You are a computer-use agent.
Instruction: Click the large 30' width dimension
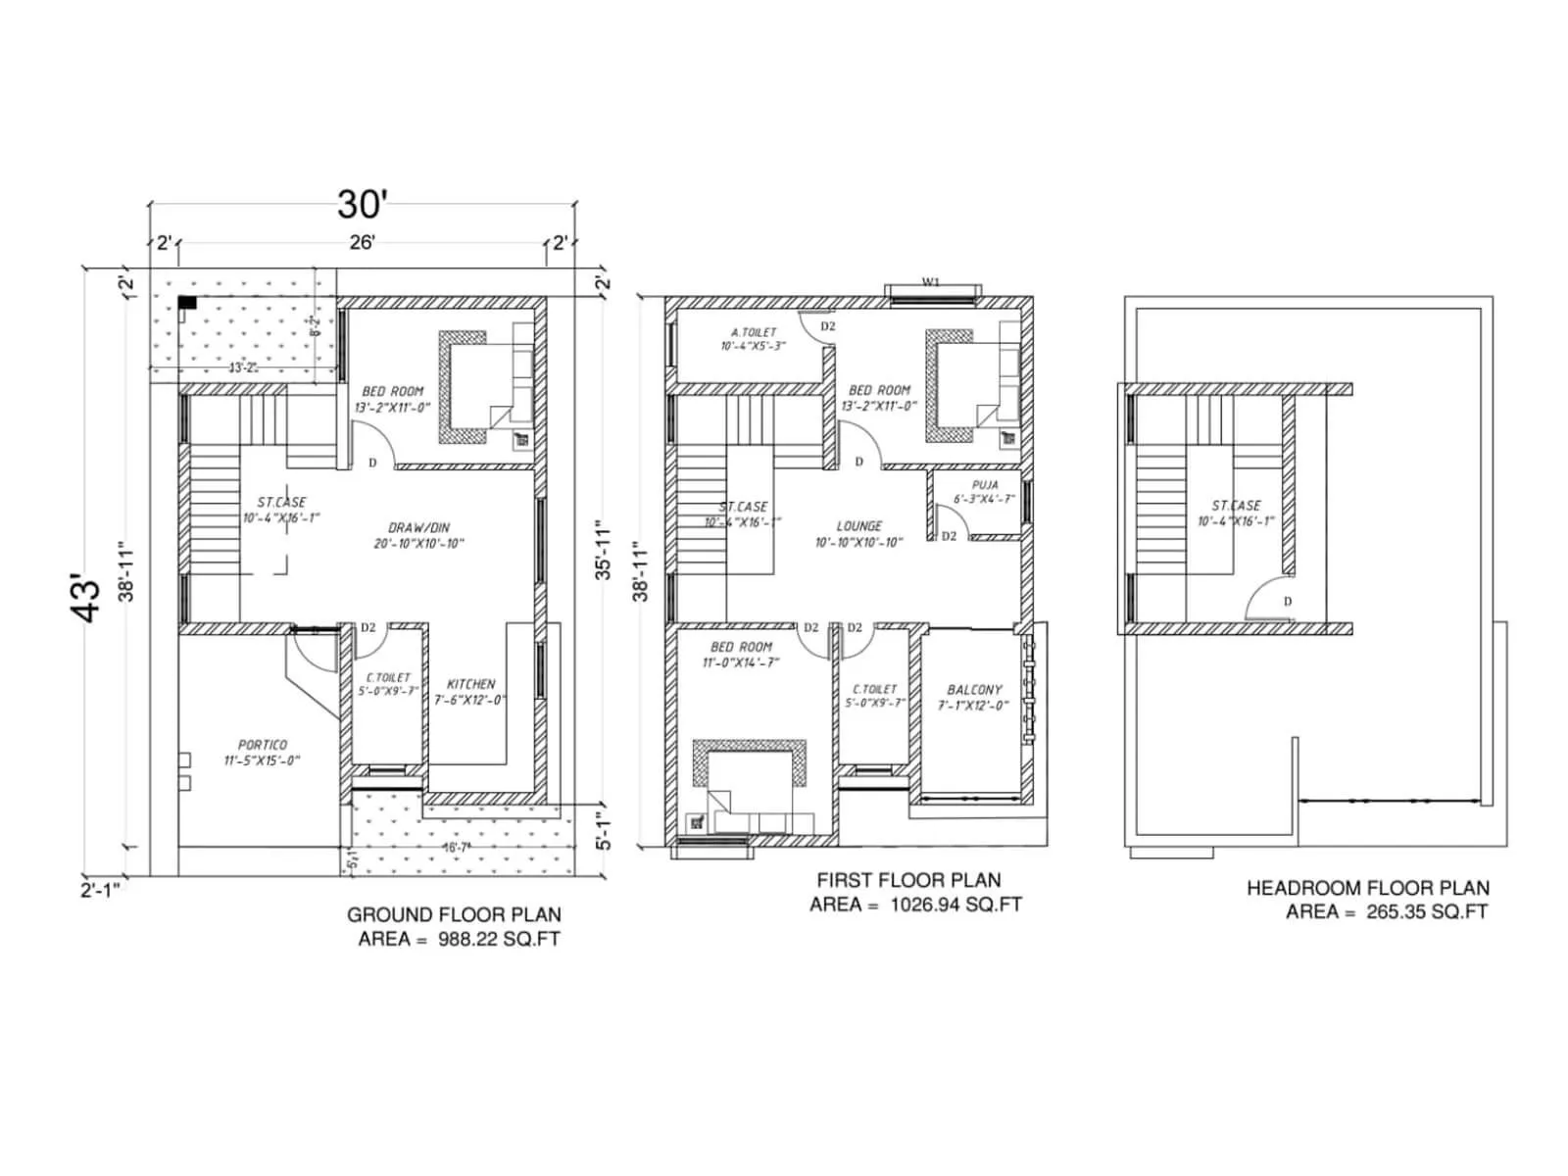363,204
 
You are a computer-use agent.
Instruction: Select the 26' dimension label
362,242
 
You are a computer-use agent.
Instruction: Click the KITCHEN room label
471,684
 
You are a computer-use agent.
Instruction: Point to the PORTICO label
262,745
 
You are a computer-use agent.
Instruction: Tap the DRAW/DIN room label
418,527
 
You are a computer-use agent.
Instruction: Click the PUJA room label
985,485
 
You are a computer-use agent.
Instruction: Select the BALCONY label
974,690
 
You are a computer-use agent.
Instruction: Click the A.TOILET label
754,332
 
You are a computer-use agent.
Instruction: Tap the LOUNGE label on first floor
859,526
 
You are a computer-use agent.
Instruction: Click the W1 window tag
931,282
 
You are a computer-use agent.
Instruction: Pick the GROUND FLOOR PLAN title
454,914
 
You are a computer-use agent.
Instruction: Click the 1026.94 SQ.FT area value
955,905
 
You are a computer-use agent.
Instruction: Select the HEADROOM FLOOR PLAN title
1367,888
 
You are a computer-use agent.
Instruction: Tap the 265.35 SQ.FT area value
1427,911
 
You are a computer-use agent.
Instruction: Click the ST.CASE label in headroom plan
1236,506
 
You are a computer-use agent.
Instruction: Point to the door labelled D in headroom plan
1287,602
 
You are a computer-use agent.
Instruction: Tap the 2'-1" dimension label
103,890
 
